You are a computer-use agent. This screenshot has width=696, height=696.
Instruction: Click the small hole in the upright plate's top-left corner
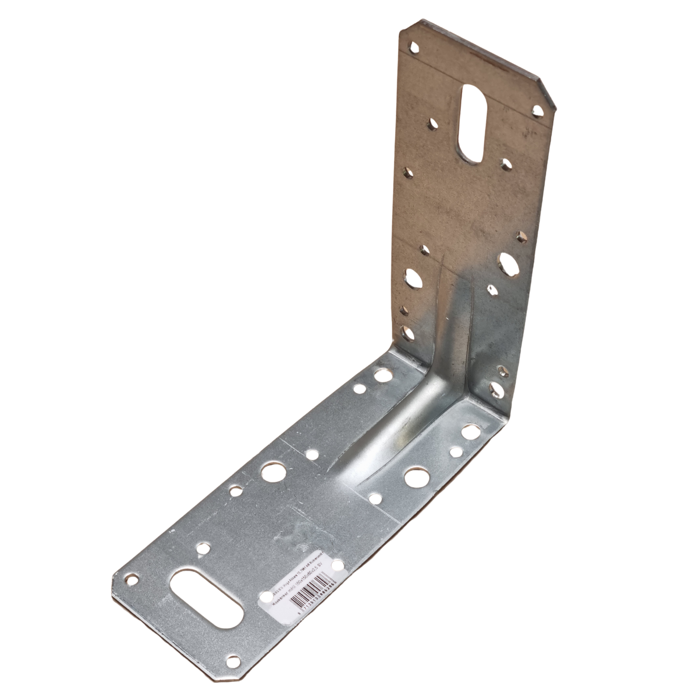pos(414,47)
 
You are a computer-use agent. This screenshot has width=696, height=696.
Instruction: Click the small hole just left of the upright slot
pos(431,124)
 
